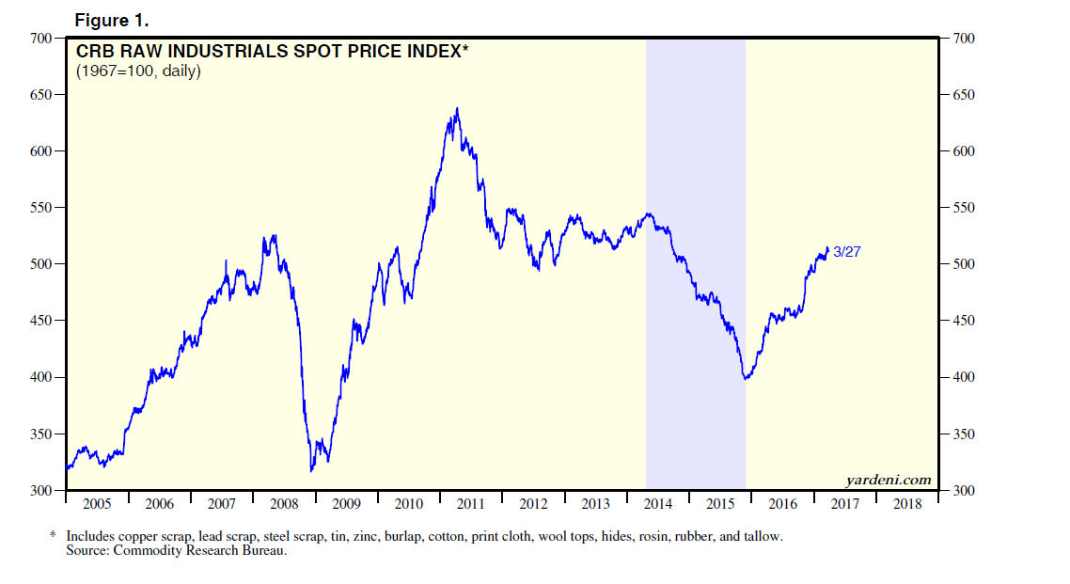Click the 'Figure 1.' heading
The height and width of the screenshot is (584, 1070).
pyautogui.click(x=111, y=21)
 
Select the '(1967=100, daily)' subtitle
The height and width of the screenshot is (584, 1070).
pyautogui.click(x=138, y=71)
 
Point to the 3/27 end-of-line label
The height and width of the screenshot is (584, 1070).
pyautogui.click(x=847, y=252)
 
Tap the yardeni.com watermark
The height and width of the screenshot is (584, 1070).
pyautogui.click(x=889, y=480)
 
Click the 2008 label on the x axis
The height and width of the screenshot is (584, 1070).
pyautogui.click(x=284, y=504)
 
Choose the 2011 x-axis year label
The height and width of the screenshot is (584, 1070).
pyautogui.click(x=471, y=504)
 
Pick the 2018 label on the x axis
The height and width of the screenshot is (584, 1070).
pyautogui.click(x=907, y=504)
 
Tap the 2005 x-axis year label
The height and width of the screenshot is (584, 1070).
pyautogui.click(x=98, y=504)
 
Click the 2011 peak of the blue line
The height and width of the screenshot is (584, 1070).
pyautogui.click(x=458, y=109)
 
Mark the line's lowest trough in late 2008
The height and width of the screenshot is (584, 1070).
pyautogui.click(x=311, y=469)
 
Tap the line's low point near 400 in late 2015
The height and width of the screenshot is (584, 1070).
pyautogui.click(x=746, y=378)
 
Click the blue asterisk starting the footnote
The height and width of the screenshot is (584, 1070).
pyautogui.click(x=53, y=535)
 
